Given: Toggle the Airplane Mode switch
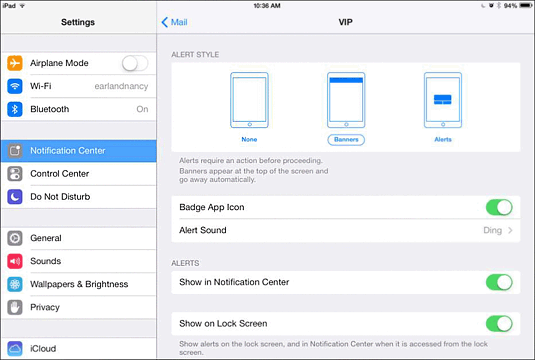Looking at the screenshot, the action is [135, 63].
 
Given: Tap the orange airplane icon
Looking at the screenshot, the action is [15, 63].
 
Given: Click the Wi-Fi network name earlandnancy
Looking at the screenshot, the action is [121, 86].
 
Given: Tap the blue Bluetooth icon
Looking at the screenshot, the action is [15, 109].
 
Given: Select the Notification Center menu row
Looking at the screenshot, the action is [79, 150].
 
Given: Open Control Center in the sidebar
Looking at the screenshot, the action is [59, 174].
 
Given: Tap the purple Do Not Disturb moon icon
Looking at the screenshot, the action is [15, 197].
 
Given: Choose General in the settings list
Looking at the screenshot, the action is [46, 238].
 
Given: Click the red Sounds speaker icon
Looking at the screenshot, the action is [15, 261].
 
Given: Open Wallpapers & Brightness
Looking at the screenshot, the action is [79, 284].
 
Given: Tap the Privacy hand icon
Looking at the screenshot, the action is [15, 307].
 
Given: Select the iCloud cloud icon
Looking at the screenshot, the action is [15, 348].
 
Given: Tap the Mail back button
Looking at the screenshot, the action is [174, 22].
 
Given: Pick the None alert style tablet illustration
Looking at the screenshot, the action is [249, 100].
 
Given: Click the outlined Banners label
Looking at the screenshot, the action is [346, 140].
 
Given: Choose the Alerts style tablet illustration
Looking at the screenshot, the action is [443, 100].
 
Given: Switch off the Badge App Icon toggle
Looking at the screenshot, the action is [499, 207].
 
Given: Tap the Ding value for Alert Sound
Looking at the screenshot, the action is [492, 230].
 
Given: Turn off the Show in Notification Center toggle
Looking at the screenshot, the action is [499, 283].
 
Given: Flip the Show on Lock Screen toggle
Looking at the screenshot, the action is [499, 324].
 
